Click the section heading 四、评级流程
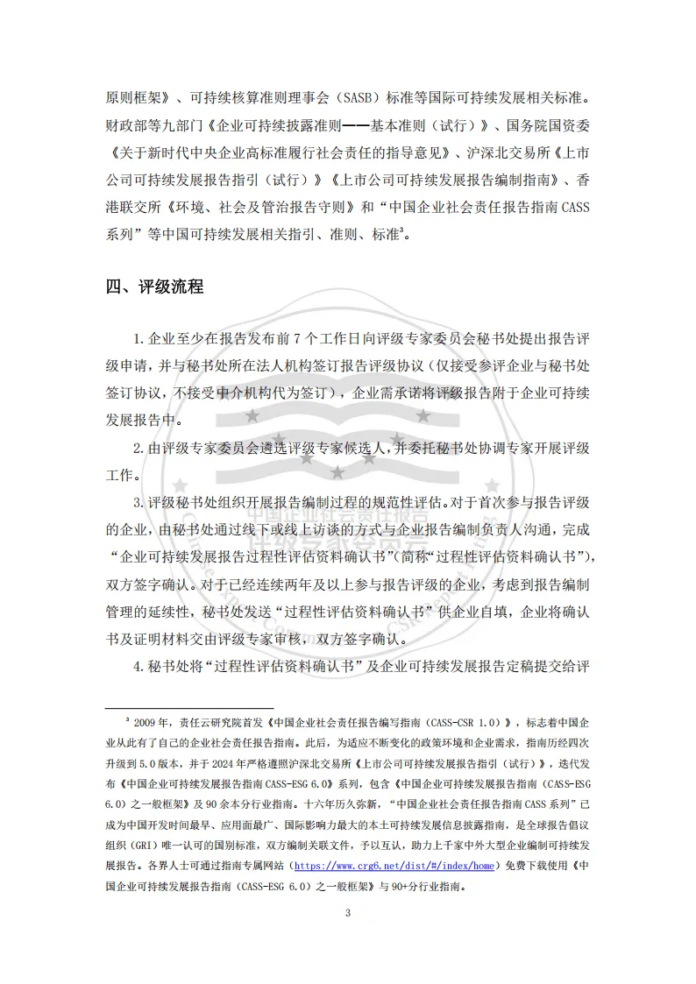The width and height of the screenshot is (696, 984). pos(154,287)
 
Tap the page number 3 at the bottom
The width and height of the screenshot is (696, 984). pos(348,914)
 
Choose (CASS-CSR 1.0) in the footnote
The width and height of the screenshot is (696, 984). pos(457,723)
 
